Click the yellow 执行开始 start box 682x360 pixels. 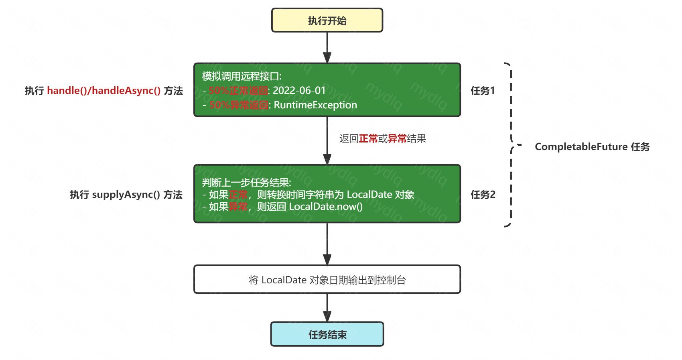coord(327,20)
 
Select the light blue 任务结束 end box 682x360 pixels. coord(327,334)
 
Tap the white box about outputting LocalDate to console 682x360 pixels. coord(327,280)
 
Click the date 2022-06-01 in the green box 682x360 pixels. coord(299,91)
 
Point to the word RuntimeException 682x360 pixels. coord(315,105)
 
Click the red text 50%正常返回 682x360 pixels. coord(238,91)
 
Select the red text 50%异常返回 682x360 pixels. coord(239,105)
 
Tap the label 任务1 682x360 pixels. coord(483,91)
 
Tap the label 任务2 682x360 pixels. coord(483,195)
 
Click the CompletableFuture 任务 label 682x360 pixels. coord(592,147)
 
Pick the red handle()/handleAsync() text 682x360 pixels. coord(104,91)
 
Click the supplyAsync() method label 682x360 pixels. coord(126,195)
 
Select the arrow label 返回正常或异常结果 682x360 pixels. coord(382,139)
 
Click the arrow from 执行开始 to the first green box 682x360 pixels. coord(327,47)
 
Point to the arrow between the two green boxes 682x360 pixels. coord(327,140)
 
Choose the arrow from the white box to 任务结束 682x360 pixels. coord(327,307)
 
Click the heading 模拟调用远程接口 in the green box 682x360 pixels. coord(242,76)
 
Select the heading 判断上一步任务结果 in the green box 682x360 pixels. coord(246,183)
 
